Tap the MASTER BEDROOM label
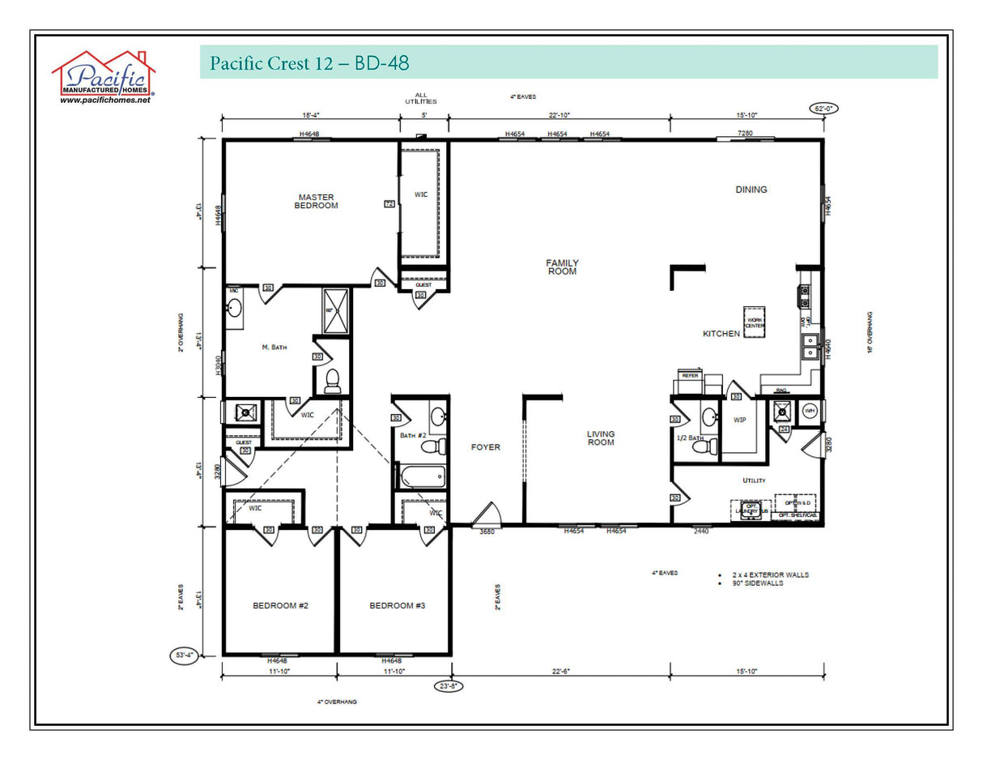[316, 202]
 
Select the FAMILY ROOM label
[562, 267]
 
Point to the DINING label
[751, 190]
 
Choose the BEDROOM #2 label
[280, 605]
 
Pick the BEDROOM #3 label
[397, 605]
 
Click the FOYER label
[486, 447]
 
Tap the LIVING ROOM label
[601, 438]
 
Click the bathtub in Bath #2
[420, 476]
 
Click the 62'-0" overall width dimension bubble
[824, 108]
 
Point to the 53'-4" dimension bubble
[183, 655]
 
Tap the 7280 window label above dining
[745, 133]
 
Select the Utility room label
[754, 480]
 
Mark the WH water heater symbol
[808, 411]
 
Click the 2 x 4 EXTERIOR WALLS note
[769, 574]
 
